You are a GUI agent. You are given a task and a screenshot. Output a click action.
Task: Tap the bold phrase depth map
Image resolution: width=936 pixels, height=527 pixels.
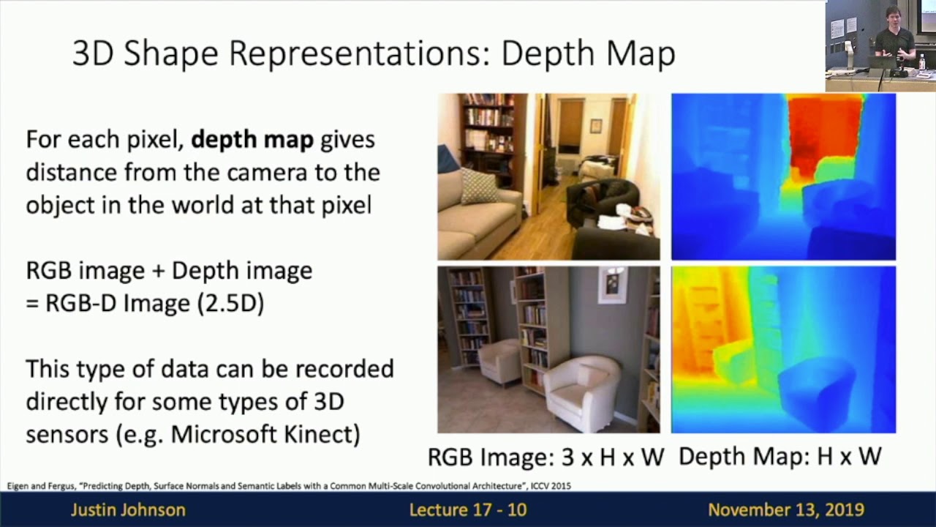coord(252,139)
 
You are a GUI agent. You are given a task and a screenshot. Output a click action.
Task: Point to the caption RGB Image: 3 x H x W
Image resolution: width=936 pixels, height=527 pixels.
coord(546,457)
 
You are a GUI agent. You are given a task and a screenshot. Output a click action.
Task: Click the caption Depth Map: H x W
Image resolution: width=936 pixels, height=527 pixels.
coord(780,457)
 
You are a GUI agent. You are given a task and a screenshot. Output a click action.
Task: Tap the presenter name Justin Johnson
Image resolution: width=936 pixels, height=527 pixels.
coord(128,509)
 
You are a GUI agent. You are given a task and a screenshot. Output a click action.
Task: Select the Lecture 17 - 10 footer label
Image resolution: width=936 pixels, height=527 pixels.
coord(468,509)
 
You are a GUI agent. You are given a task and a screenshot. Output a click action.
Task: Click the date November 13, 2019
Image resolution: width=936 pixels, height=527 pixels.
coord(785,509)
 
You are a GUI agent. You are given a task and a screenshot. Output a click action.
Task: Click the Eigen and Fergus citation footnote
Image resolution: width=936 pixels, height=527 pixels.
coord(289,486)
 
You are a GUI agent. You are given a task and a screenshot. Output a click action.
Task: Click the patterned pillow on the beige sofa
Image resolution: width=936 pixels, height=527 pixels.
coord(479,186)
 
